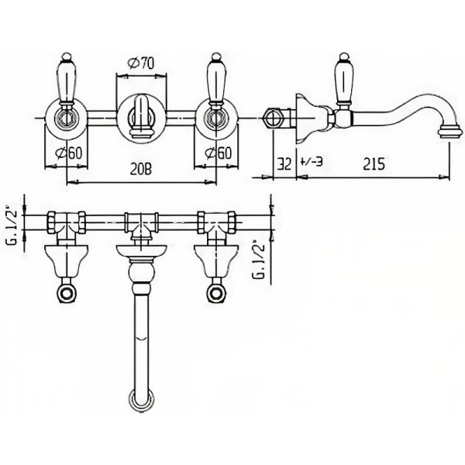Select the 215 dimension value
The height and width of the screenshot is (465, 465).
(374, 164)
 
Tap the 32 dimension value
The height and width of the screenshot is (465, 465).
(283, 164)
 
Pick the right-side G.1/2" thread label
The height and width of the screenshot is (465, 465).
(260, 261)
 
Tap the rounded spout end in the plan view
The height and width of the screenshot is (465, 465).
(141, 401)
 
